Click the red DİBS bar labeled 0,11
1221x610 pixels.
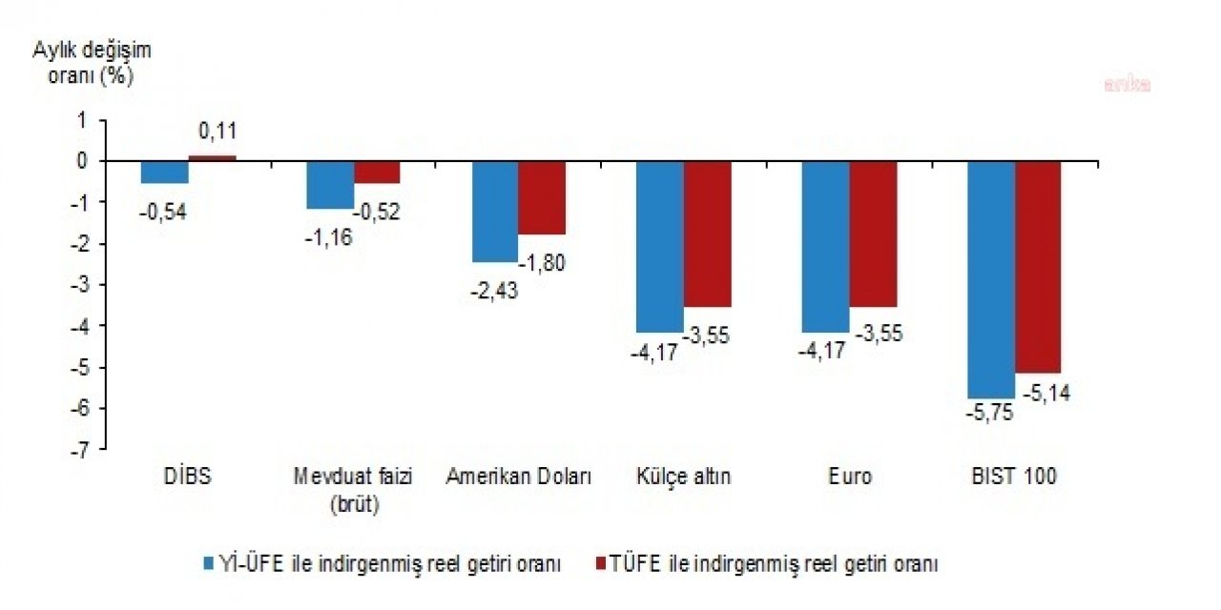212,157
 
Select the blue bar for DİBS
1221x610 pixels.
165,172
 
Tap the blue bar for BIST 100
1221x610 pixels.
992,279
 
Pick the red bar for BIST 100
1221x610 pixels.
1038,267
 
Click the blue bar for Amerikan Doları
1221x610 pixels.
495,211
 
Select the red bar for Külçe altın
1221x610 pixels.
707,234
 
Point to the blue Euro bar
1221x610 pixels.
826,246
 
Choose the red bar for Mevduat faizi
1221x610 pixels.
377,172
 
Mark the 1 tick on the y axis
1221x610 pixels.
82,120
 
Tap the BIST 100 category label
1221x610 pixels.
1017,477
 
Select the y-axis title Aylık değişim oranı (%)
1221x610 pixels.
92,63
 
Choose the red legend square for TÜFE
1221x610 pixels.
601,564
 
